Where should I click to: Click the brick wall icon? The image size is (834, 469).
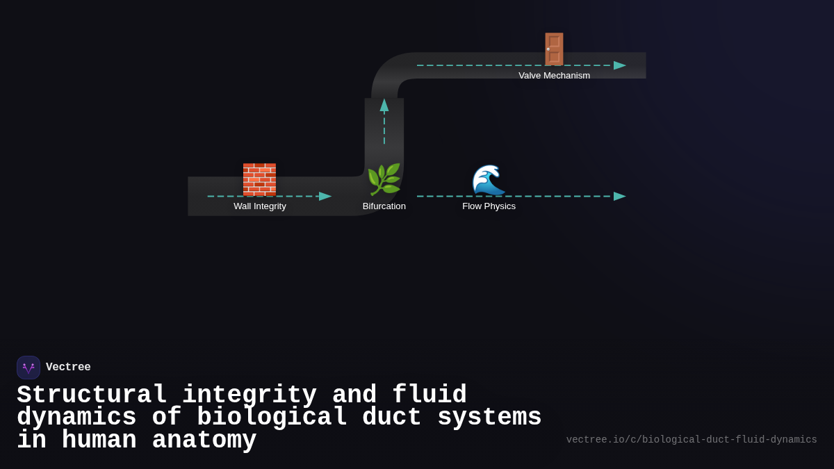(259, 179)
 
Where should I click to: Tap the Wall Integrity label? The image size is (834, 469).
(260, 206)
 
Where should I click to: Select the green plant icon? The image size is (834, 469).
(384, 180)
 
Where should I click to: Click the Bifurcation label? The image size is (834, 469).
(384, 206)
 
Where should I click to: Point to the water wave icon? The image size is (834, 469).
(489, 180)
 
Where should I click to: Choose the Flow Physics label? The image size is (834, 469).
(489, 206)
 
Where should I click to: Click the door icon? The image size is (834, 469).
(554, 49)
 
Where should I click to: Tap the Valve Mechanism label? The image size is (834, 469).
(554, 76)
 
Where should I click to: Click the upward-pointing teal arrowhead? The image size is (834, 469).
(384, 105)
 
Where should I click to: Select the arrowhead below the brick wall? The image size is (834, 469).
(325, 196)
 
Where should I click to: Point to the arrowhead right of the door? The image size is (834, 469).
(619, 65)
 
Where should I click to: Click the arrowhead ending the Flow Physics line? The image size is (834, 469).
(619, 196)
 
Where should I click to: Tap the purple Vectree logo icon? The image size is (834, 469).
(28, 368)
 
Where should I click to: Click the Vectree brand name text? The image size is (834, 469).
(68, 368)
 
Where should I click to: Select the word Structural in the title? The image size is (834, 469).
(92, 395)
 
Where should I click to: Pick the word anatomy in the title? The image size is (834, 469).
(204, 441)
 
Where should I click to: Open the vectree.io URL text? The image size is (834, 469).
(691, 440)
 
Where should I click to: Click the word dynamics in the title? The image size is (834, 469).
(76, 418)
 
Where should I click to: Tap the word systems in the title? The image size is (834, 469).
(489, 418)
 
